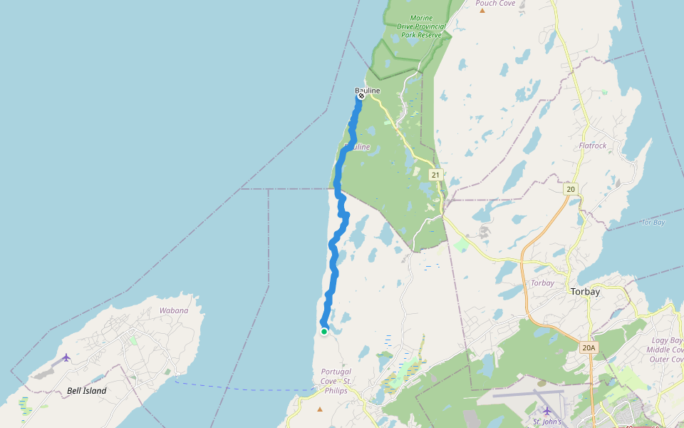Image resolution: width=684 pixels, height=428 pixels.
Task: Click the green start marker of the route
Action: point(324,331)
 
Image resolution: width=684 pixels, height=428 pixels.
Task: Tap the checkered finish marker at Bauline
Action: point(361,96)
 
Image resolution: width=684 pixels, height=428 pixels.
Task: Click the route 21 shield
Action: point(435,175)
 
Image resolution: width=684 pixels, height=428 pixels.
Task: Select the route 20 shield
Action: point(570,189)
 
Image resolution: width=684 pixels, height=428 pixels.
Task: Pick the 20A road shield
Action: point(588,347)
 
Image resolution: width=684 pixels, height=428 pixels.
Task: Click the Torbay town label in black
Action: point(586,292)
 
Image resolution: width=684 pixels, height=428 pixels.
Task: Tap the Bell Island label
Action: point(86,391)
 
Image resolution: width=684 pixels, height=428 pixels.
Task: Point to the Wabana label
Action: point(174,310)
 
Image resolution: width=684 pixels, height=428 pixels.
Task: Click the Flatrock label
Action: point(593,146)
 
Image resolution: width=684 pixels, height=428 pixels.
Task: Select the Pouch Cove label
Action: point(495,4)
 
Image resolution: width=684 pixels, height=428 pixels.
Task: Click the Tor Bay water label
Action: point(653,223)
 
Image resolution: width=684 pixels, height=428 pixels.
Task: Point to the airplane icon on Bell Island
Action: point(66,357)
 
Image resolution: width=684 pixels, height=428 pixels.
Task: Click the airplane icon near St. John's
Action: point(546,410)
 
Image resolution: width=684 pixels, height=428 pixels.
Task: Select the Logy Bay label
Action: point(665,340)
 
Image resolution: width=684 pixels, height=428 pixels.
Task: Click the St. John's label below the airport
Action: point(546,422)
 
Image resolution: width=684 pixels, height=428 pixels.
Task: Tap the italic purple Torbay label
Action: point(542,283)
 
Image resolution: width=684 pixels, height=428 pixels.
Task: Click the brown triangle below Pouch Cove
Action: point(482,10)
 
